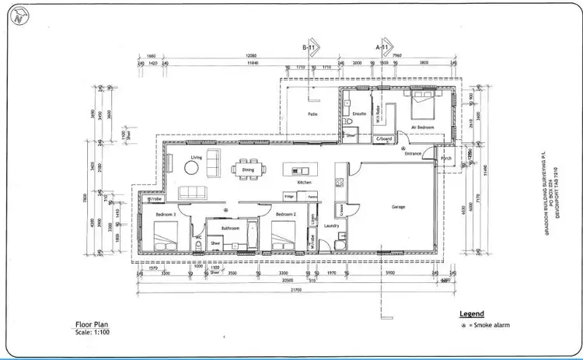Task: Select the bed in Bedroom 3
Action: tap(166, 233)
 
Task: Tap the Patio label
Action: tap(312, 114)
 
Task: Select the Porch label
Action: tap(445, 160)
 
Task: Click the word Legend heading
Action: tap(472, 313)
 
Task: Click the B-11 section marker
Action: tap(312, 46)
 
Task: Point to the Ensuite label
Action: tap(358, 114)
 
